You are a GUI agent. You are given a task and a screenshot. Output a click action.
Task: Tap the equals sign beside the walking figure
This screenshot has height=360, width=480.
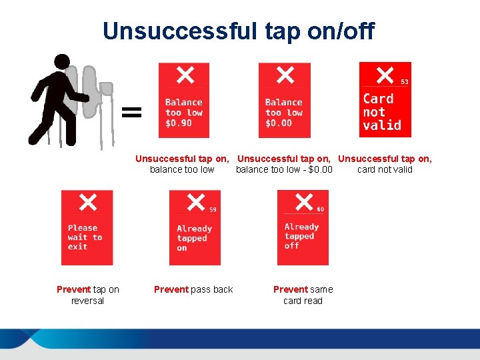132,111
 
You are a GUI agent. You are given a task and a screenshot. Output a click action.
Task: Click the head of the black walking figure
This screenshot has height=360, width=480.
62,62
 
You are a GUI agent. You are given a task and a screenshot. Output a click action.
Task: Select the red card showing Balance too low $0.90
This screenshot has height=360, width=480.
183,101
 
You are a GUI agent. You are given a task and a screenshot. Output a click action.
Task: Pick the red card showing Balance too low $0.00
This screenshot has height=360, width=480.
284,101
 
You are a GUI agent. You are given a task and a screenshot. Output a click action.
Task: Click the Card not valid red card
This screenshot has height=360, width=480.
385,100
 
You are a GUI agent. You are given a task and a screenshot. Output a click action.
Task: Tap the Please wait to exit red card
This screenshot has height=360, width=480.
87,228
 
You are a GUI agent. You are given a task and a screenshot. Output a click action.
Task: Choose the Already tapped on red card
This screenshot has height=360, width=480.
195,228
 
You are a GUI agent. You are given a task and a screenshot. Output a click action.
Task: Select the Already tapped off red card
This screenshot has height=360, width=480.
303,228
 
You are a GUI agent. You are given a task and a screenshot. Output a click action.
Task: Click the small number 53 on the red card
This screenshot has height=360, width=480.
404,81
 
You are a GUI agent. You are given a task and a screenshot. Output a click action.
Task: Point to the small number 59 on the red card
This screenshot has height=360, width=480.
213,209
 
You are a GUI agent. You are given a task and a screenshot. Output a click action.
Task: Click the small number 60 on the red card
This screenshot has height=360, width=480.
321,209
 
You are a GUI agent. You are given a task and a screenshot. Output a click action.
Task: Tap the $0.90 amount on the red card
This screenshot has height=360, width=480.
179,123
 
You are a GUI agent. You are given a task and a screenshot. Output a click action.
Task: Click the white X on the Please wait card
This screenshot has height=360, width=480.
87,201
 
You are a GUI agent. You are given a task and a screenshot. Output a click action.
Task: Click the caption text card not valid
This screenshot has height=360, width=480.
385,169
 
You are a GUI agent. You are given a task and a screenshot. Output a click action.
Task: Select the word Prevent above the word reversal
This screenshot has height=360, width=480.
73,289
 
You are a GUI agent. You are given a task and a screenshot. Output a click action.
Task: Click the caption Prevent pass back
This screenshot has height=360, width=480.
193,289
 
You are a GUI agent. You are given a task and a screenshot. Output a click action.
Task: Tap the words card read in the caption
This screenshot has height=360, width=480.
303,301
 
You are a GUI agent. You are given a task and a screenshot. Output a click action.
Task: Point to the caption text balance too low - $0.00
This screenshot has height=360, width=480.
284,169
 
